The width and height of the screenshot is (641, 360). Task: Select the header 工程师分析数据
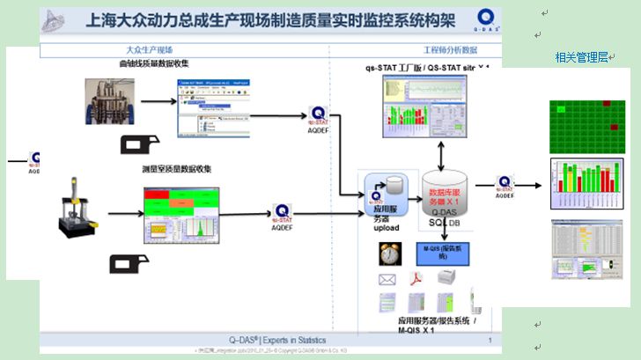[x=451, y=50]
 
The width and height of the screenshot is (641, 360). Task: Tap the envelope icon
[x=387, y=280]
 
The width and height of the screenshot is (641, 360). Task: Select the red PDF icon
[x=417, y=279]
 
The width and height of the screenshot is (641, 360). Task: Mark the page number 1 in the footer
[x=489, y=340]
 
